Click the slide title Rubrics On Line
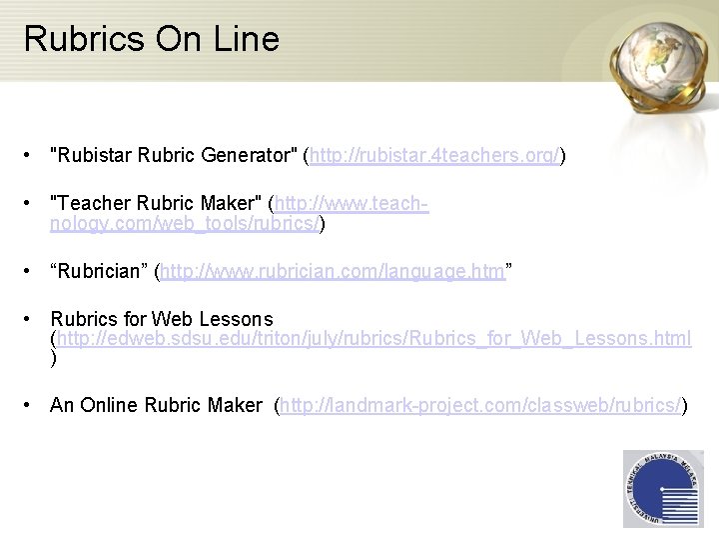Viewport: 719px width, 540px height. [x=151, y=39]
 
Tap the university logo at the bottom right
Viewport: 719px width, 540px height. [x=662, y=489]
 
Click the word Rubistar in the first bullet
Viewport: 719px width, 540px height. [x=93, y=156]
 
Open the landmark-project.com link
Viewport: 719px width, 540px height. [x=479, y=405]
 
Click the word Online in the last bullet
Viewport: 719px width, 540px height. [x=109, y=405]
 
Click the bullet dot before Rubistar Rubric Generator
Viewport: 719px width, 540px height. [x=33, y=157]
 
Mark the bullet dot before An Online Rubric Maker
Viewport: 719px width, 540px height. [x=33, y=406]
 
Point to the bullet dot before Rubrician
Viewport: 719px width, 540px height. [x=33, y=271]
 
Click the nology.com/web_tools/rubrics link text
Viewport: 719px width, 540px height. [x=184, y=224]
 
